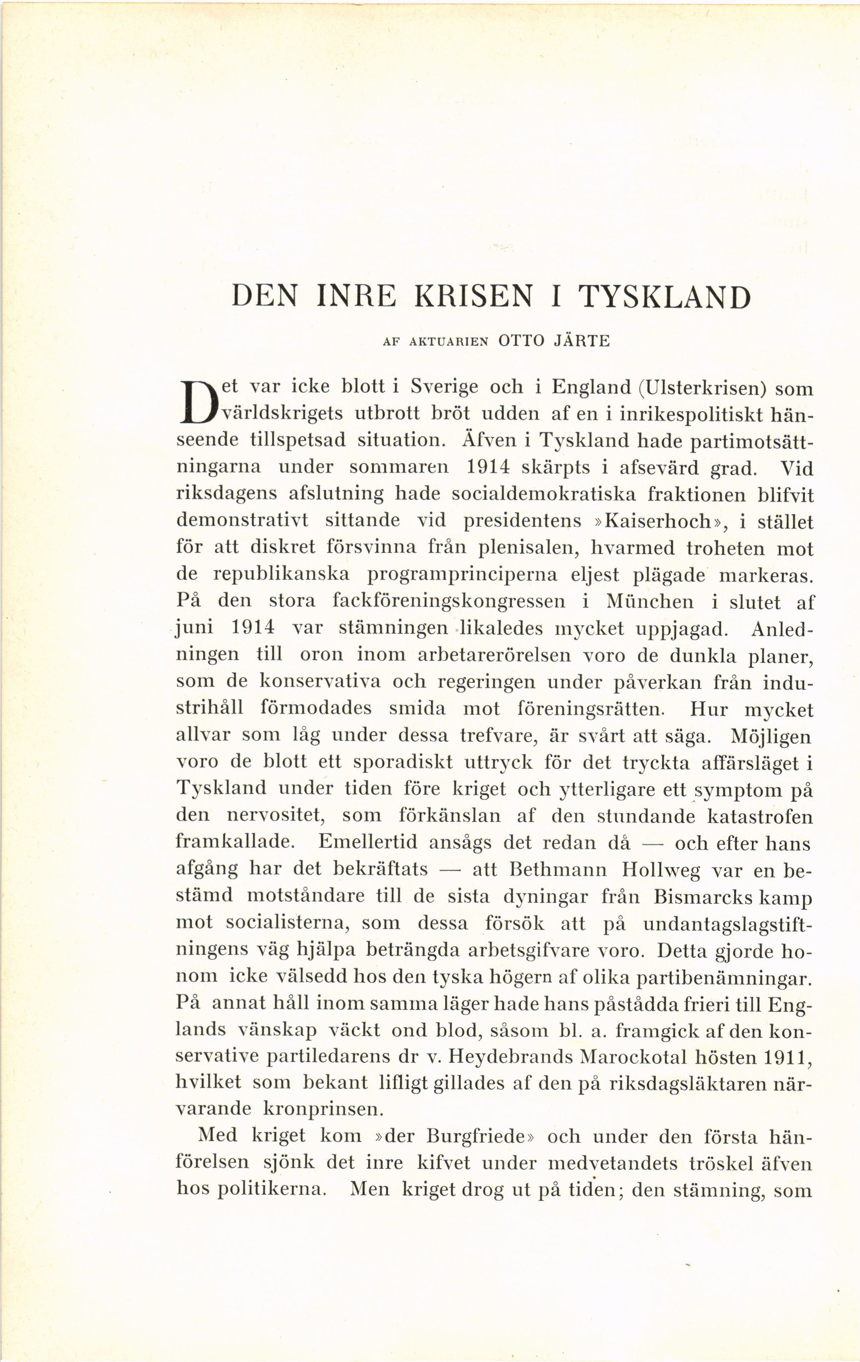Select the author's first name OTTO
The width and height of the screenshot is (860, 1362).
520,342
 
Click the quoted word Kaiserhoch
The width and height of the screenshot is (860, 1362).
657,521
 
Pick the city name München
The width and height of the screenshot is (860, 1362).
649,602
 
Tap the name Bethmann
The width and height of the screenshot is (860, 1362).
558,870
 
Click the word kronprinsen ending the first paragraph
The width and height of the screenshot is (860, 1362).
324,1110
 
